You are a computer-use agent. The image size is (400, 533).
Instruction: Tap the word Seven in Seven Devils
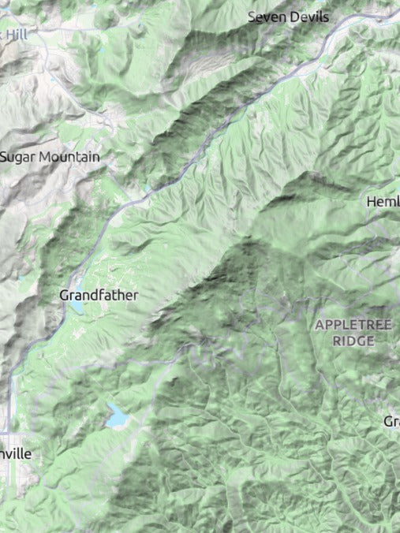point(264,17)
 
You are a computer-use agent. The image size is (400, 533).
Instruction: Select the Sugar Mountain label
point(50,157)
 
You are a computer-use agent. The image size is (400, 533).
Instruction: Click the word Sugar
point(17,158)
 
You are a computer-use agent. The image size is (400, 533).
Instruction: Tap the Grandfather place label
point(99,295)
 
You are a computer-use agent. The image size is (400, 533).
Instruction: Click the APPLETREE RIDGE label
point(353,333)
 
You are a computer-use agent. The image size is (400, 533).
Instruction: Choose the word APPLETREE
point(353,325)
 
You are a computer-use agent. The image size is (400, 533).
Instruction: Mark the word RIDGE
point(353,341)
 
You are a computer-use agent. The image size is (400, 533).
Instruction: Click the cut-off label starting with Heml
point(383,202)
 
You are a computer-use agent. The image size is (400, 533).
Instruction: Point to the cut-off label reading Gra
point(391,422)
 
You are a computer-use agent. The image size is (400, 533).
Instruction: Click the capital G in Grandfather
point(65,295)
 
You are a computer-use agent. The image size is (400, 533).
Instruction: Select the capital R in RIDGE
point(336,341)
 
